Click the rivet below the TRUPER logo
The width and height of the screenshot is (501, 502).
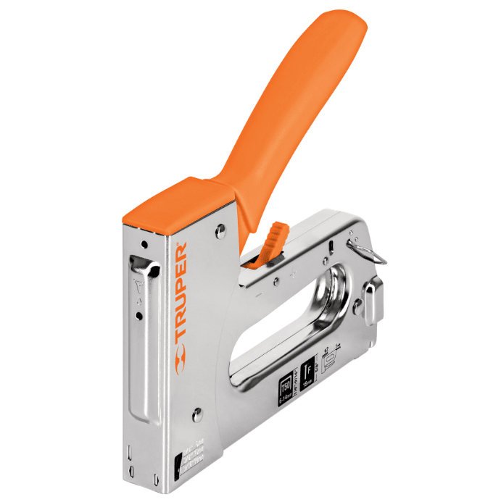(x=196, y=415)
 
